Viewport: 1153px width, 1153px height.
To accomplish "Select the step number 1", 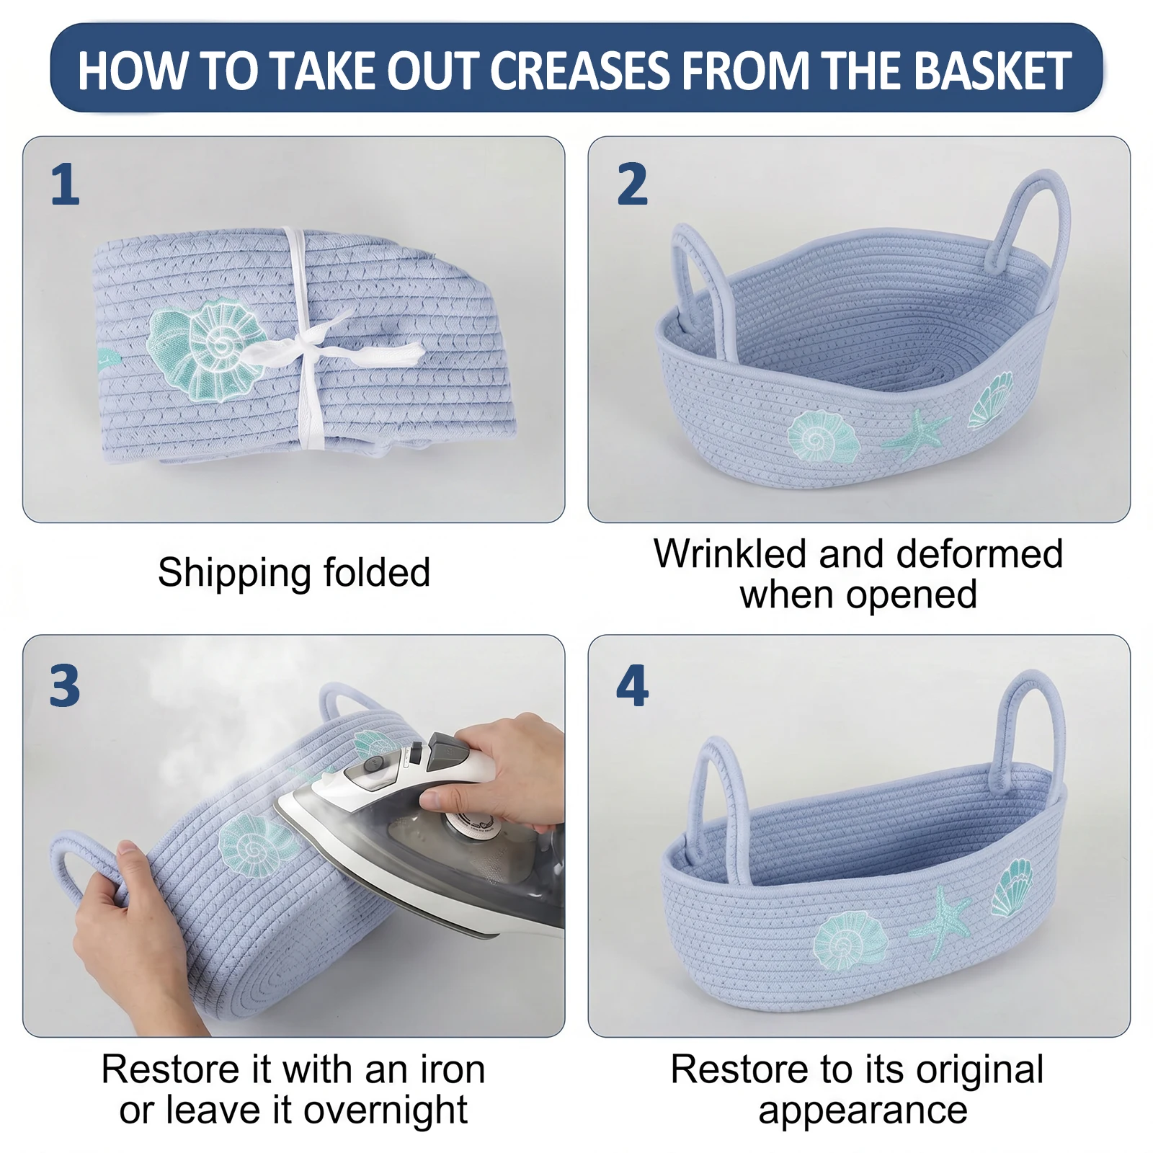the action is pos(65,184).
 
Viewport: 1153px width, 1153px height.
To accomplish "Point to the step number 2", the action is pos(632,184).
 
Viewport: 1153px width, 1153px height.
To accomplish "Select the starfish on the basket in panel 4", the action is pos(940,922).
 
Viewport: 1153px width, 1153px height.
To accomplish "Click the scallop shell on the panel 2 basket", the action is pos(990,401).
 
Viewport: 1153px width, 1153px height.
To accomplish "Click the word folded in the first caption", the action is pos(377,573).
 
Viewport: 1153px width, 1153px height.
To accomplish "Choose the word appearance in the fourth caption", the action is pos(863,1110).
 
